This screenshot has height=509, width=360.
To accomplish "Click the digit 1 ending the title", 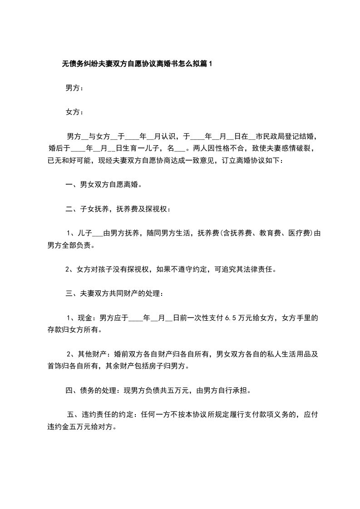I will (x=210, y=64).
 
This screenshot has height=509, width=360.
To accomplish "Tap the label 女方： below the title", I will (x=74, y=112).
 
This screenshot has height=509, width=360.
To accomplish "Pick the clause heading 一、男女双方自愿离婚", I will (x=104, y=185).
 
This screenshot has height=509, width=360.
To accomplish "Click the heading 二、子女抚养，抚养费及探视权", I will (x=118, y=209).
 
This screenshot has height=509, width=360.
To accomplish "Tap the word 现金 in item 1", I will (x=85, y=318).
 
